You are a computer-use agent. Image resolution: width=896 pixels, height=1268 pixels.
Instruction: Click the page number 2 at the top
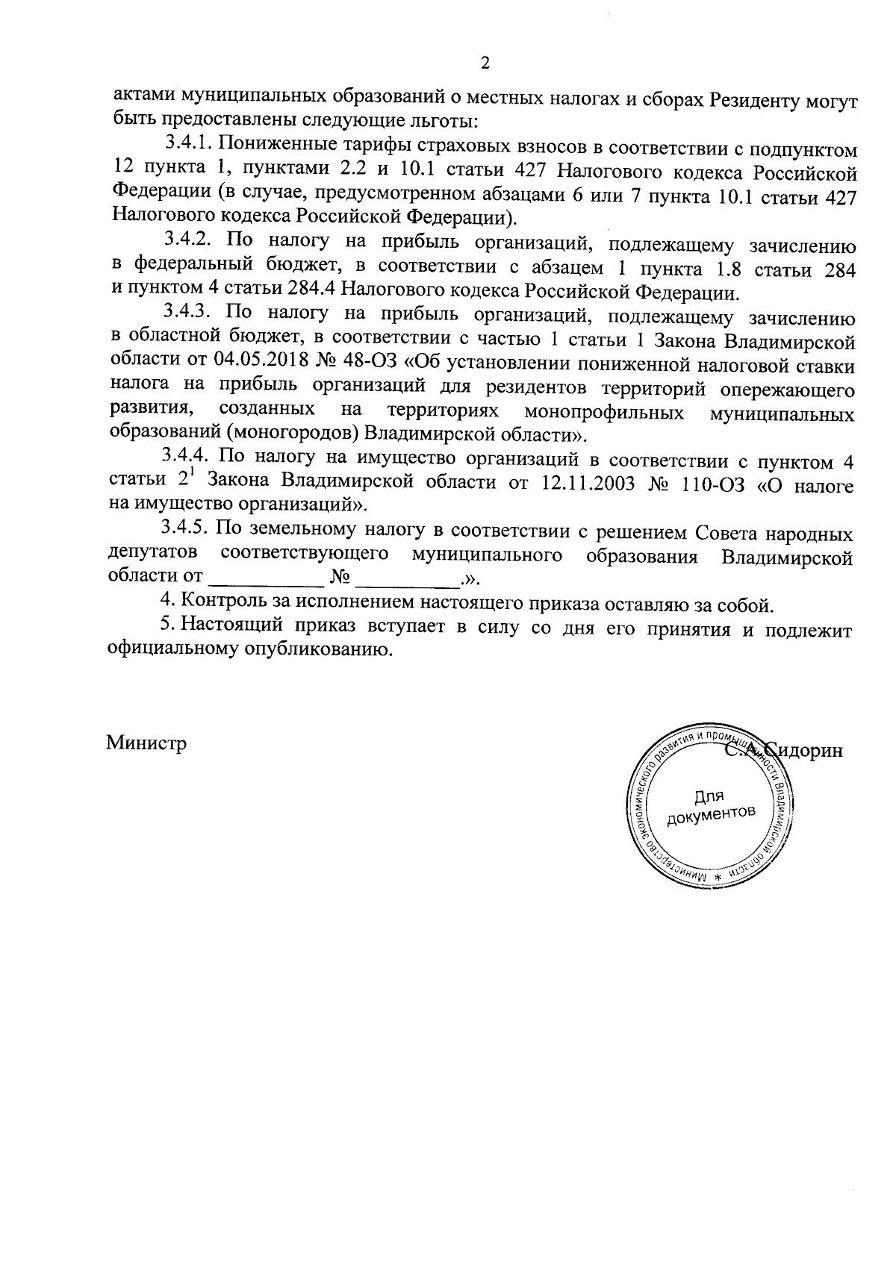point(485,63)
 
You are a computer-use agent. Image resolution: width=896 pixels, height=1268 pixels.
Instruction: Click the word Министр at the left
point(146,743)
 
